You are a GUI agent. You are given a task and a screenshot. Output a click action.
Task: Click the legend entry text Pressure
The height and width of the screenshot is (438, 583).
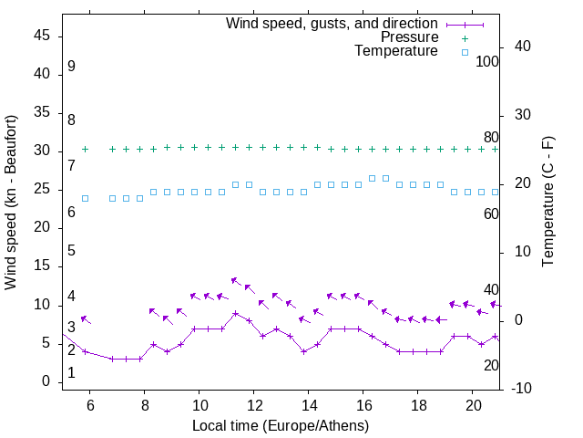[409, 37]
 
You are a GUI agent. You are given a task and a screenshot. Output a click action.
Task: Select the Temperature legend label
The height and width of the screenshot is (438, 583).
[396, 51]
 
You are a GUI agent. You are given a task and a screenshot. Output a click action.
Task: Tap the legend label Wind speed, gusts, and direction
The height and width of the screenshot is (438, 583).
[332, 24]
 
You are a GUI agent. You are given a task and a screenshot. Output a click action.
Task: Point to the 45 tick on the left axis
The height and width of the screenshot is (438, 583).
[42, 36]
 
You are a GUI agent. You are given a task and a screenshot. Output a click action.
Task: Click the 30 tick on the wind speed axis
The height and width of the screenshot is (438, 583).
[42, 151]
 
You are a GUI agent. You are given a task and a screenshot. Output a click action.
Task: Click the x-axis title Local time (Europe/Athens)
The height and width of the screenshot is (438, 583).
[281, 425]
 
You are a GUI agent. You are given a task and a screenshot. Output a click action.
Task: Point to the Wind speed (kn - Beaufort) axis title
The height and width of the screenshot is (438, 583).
[12, 203]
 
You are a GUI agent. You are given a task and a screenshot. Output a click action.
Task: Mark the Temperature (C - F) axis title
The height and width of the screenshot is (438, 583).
[548, 203]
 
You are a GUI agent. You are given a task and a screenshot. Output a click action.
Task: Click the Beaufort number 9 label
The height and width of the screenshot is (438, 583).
[71, 67]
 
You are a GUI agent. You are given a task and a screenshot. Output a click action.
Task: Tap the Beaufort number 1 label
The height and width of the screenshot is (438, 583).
[71, 373]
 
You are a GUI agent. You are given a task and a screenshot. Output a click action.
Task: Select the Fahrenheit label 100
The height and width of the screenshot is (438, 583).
[487, 61]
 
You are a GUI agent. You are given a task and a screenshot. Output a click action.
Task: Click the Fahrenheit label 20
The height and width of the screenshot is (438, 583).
[491, 365]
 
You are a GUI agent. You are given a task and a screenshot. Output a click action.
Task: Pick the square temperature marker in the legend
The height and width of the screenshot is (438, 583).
[464, 52]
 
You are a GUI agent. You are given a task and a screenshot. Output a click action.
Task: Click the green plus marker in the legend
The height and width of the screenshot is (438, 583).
[464, 37]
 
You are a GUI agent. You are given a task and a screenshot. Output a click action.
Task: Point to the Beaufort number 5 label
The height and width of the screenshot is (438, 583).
[71, 251]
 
